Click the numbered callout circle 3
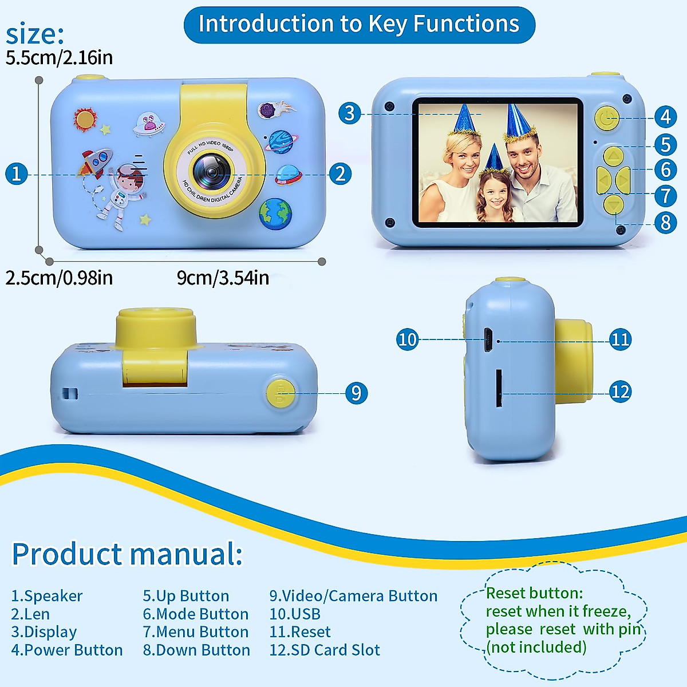[349, 113]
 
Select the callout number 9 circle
[356, 393]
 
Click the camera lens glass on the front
[211, 170]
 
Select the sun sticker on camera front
[85, 119]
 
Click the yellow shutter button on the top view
[281, 393]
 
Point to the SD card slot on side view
[499, 388]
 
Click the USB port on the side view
[488, 340]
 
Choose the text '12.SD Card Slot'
[325, 650]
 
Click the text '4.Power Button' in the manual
[67, 650]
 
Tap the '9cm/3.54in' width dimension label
[223, 278]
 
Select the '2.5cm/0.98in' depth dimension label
[59, 278]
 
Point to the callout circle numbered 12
[620, 392]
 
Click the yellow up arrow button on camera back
[613, 156]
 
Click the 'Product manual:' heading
[127, 554]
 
